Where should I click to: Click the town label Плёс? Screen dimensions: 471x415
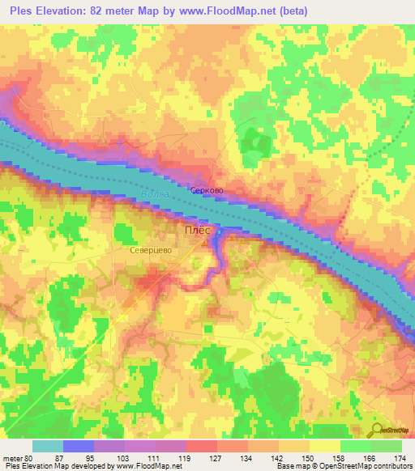197,231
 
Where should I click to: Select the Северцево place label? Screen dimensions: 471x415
149,252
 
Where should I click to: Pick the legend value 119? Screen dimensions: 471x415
173,457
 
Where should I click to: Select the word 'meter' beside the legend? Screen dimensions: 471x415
15,457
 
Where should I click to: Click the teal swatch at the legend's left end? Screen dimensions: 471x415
48,446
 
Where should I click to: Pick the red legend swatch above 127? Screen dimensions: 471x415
202,446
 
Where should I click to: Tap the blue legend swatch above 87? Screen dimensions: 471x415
79,446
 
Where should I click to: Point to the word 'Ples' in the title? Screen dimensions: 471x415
24,12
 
